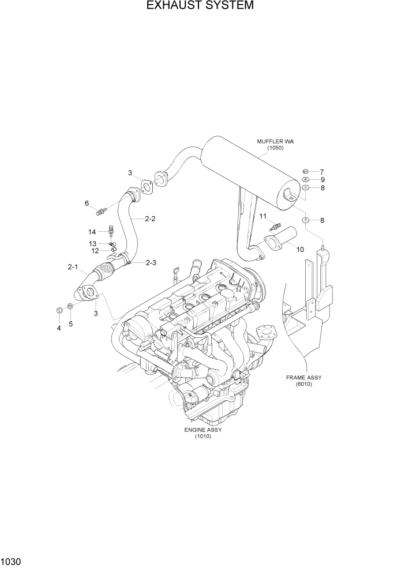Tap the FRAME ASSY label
click(303, 378)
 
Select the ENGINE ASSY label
click(202, 430)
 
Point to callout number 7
click(322, 172)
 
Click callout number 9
click(322, 180)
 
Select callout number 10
click(299, 249)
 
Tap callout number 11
click(262, 216)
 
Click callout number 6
click(87, 203)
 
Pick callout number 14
click(92, 231)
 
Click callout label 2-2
click(150, 219)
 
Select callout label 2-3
click(151, 263)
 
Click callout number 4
click(58, 328)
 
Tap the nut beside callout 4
click(59, 311)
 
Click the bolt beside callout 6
click(103, 210)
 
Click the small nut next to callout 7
click(305, 171)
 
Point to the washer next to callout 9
click(305, 179)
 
